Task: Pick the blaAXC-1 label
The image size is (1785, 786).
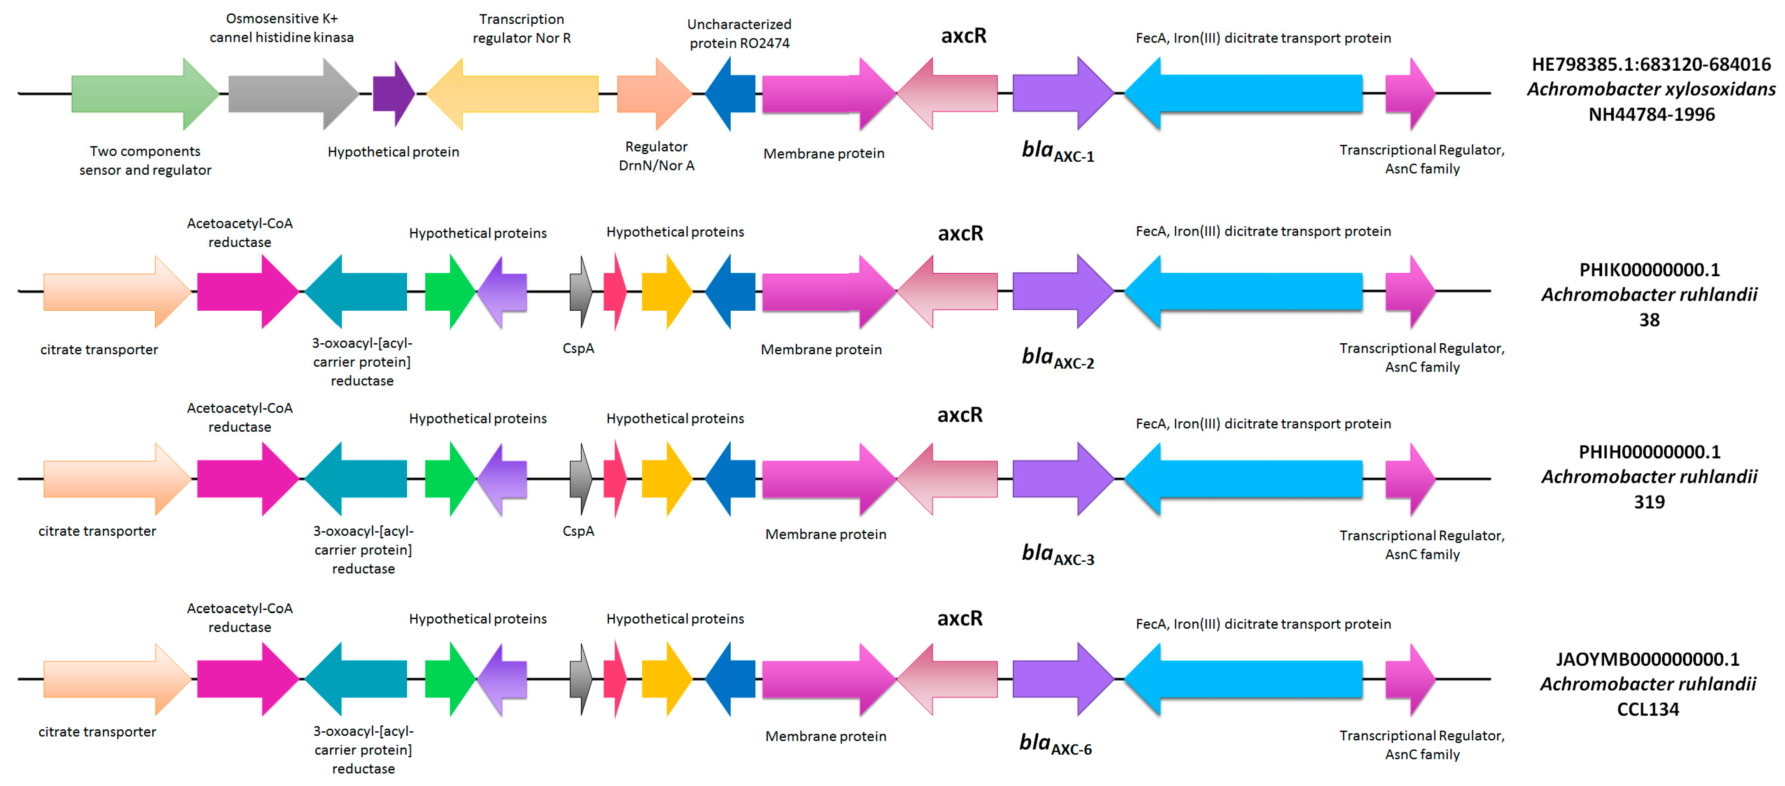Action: point(1058,151)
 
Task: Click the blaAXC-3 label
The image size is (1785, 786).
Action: point(1058,554)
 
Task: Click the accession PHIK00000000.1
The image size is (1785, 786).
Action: point(1649,270)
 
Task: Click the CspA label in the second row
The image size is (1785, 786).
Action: point(578,348)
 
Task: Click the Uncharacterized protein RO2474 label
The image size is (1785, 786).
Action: point(739,34)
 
